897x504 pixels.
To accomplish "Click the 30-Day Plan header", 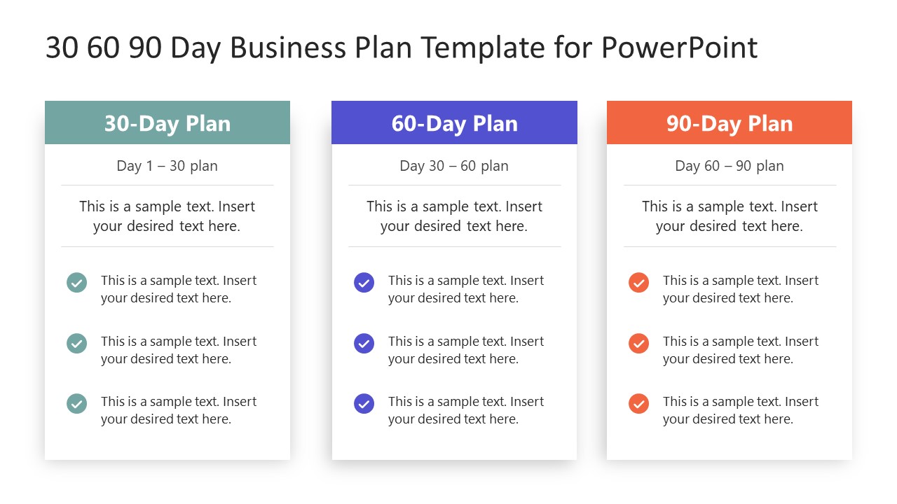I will [x=167, y=123].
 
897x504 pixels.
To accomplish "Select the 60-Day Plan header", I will [x=454, y=123].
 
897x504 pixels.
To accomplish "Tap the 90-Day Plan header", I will [x=730, y=123].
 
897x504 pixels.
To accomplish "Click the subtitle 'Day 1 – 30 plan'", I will [x=167, y=166].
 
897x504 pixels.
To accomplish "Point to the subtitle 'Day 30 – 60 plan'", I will [x=454, y=166].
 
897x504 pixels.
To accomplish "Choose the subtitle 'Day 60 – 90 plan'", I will [x=730, y=166].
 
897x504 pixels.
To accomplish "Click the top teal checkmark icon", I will [x=76, y=283].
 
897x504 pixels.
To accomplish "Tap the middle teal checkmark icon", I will [x=76, y=343].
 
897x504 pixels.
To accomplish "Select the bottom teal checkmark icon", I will [x=76, y=404].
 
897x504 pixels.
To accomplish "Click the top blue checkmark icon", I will [x=364, y=283].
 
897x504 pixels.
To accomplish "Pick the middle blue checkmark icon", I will [x=364, y=343].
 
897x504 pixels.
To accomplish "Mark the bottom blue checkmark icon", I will [x=364, y=404].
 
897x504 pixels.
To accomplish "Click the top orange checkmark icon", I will [x=638, y=283].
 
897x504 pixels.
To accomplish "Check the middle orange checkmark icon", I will [x=638, y=343].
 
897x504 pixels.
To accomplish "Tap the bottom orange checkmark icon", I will [x=638, y=404].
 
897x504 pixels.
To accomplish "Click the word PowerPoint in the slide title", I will [x=679, y=48].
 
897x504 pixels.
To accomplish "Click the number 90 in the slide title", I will [x=145, y=48].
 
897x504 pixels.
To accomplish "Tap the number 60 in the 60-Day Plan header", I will [x=404, y=123].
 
